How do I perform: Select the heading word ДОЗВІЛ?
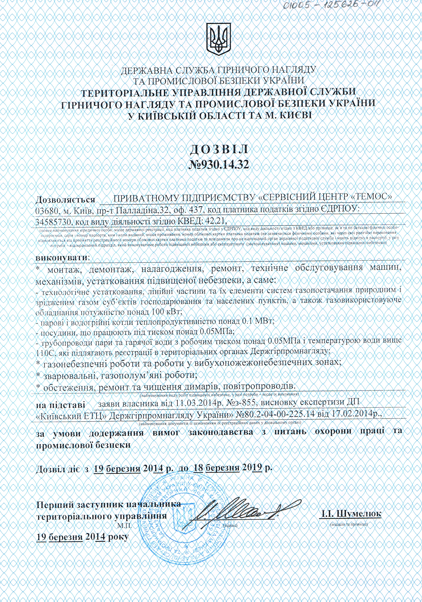pyautogui.click(x=219, y=150)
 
